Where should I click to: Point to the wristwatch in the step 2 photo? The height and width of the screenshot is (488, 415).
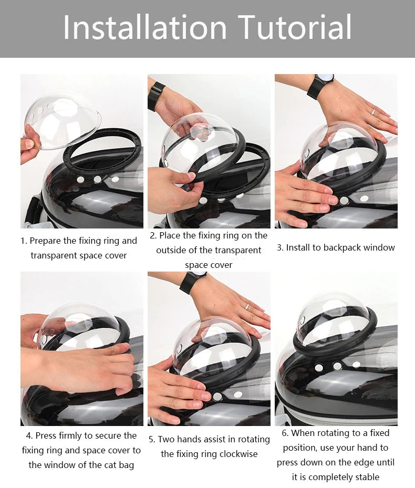156,96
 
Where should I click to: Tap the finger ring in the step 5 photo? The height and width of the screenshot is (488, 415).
246,307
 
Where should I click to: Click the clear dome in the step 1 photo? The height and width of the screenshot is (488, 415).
62,118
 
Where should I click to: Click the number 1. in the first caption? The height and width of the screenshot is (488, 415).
24,241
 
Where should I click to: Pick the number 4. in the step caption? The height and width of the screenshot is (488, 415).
29,436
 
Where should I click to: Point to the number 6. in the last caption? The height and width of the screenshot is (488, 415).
285,433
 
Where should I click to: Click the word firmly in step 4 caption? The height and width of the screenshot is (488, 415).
81,436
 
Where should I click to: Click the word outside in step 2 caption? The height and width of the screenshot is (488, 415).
172,250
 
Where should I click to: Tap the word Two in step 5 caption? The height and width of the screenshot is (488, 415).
167,439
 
